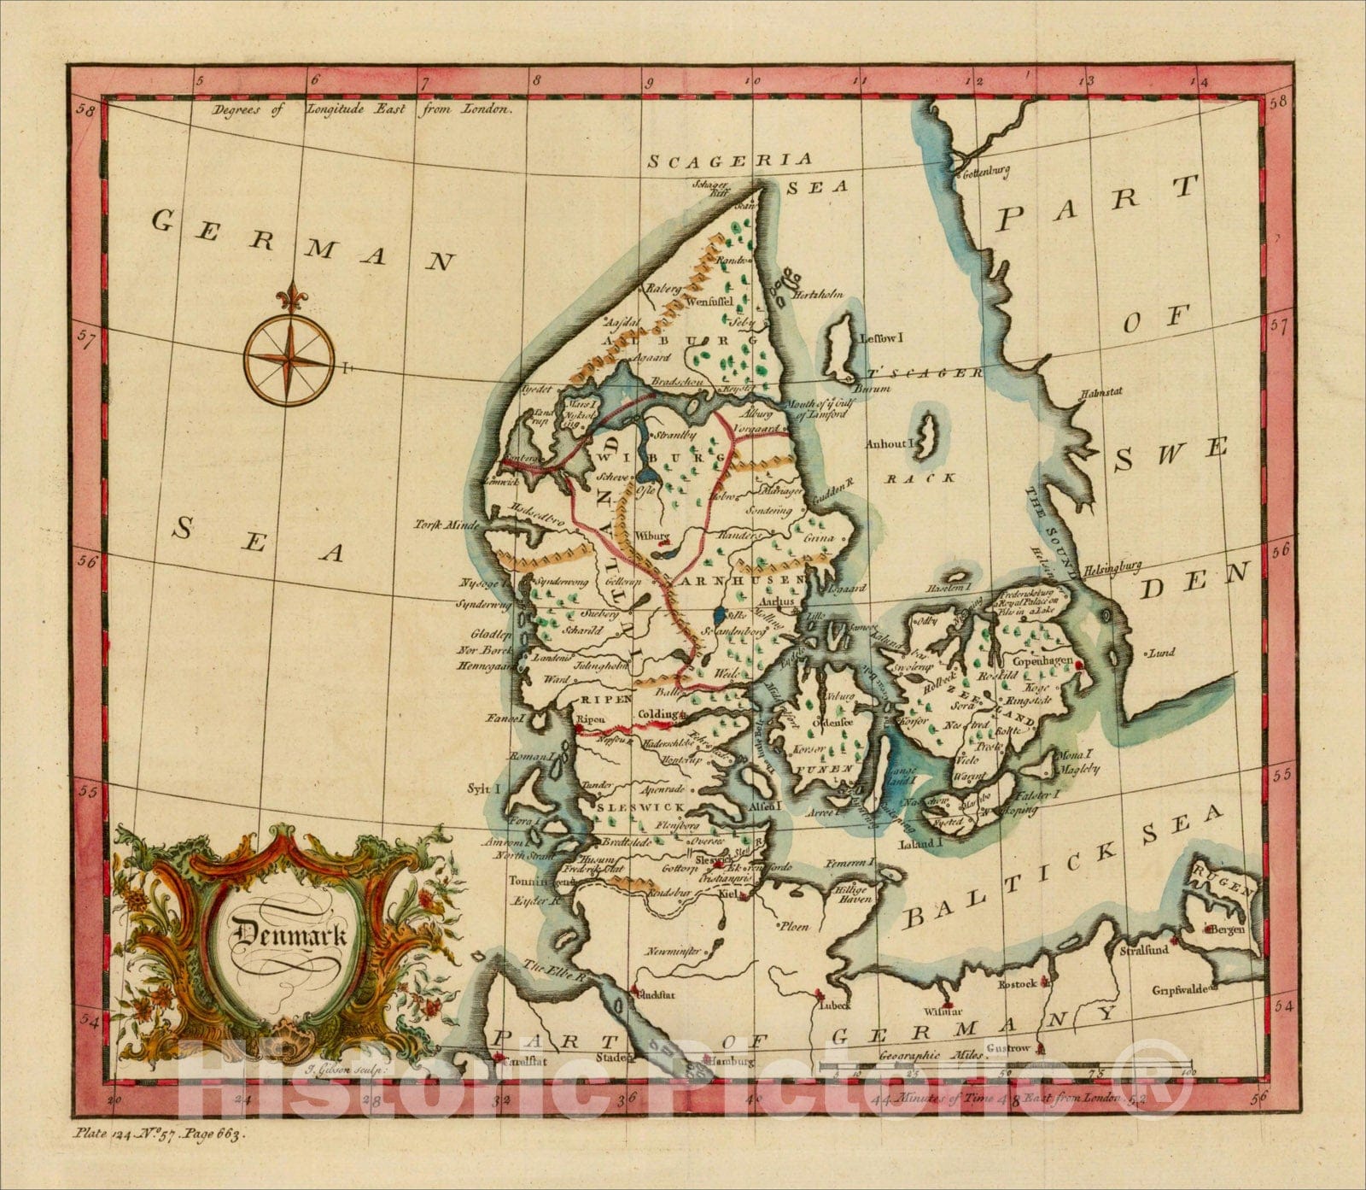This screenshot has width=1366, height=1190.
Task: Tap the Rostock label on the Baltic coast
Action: click(x=1018, y=984)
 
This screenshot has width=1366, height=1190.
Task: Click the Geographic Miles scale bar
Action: click(x=1003, y=1067)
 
